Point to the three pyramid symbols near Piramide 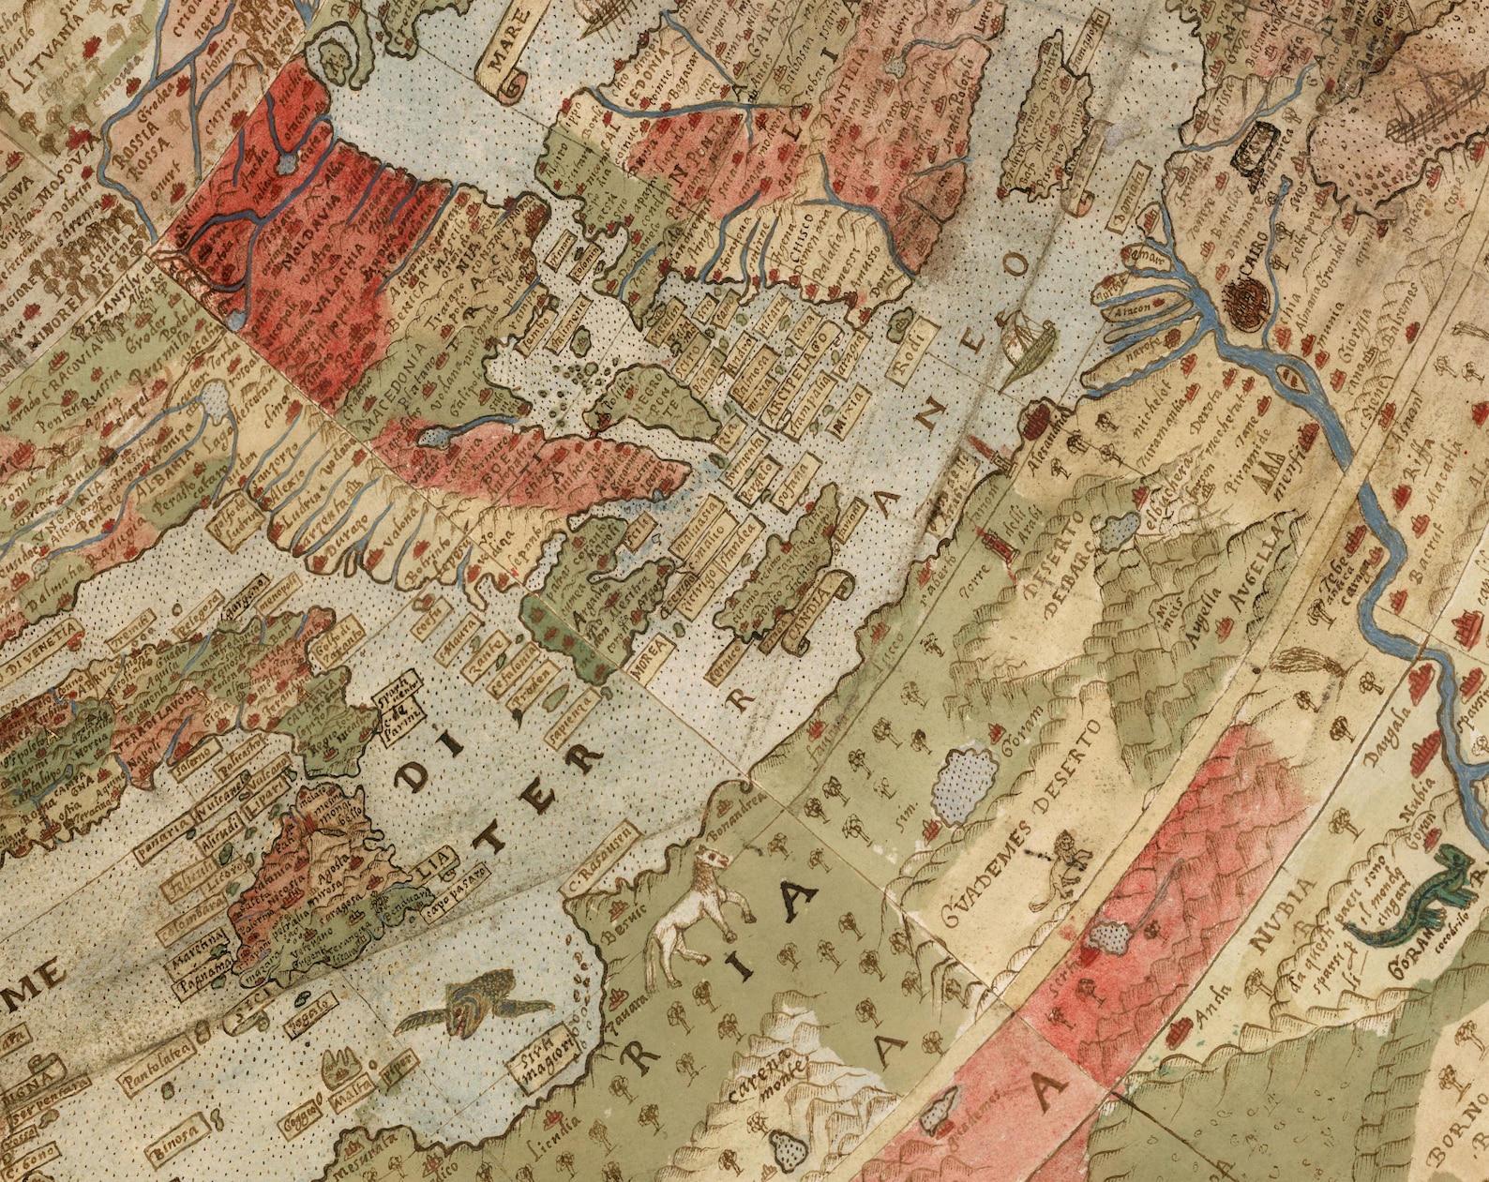tap(1273, 478)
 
